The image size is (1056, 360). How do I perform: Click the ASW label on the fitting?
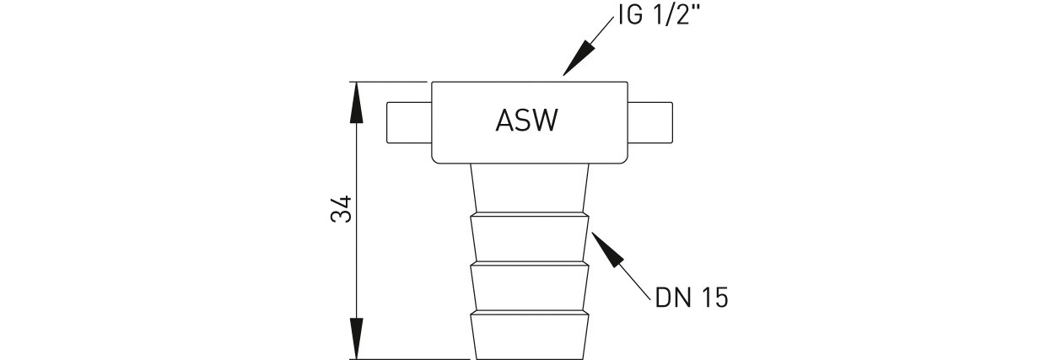[526, 121]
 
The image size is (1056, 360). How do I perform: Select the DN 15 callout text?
[691, 298]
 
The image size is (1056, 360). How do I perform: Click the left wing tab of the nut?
[408, 122]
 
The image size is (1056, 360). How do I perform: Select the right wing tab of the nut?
[650, 122]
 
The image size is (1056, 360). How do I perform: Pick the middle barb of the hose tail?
[528, 287]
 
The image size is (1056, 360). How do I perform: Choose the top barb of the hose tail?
[528, 239]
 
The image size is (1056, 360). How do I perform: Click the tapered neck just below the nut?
[528, 186]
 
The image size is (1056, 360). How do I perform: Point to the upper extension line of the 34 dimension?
[388, 82]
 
